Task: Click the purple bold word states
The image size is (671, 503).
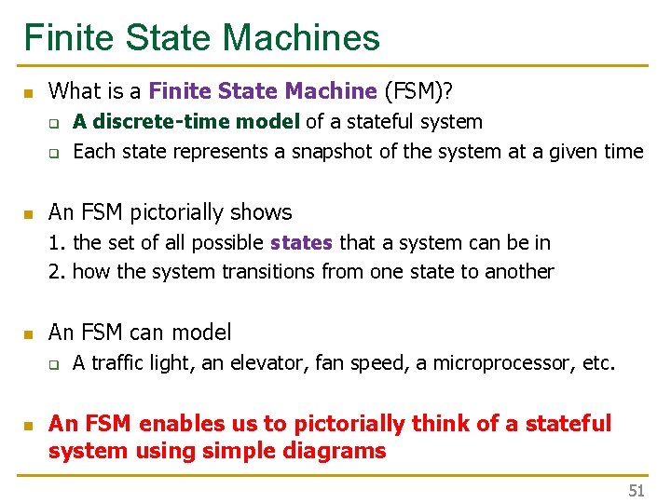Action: (x=301, y=242)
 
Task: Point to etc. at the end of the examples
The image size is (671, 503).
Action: (x=598, y=362)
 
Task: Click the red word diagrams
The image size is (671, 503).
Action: (x=339, y=452)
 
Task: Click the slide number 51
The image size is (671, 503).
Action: (x=637, y=491)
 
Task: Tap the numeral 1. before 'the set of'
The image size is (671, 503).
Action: (x=56, y=242)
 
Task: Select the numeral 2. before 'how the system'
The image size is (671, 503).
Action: (x=56, y=272)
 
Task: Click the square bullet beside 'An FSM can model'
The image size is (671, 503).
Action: (x=28, y=333)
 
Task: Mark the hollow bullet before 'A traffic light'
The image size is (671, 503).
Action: (x=55, y=364)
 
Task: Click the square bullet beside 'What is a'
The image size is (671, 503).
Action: (x=28, y=92)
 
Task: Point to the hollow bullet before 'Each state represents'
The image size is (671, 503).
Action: (x=55, y=153)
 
